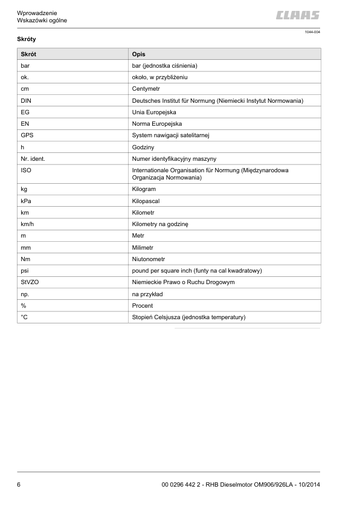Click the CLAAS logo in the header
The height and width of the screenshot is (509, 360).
point(298,15)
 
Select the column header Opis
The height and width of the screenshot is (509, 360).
point(138,54)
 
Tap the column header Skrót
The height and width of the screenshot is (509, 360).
point(28,54)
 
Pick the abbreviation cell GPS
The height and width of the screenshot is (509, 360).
point(27,135)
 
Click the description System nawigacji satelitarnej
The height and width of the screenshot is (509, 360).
point(171,135)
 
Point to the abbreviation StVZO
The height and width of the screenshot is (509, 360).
point(30,282)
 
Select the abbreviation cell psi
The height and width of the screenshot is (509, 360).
point(25,271)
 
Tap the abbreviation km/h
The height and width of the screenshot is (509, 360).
point(28,224)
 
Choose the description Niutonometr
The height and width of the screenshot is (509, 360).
point(149,259)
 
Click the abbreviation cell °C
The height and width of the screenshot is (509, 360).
point(25,317)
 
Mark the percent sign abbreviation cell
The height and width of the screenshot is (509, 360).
point(24,306)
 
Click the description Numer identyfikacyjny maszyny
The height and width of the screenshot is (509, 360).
point(174,158)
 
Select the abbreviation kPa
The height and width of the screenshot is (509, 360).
point(27,201)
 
